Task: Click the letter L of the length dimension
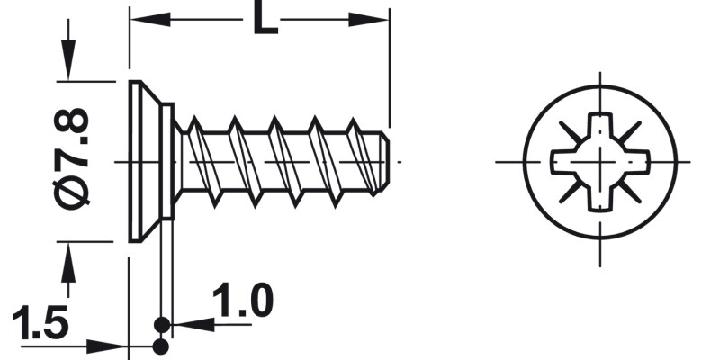tap(264, 19)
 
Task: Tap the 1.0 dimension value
tap(243, 302)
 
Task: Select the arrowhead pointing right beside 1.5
tap(112, 345)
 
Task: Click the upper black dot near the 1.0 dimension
tap(161, 323)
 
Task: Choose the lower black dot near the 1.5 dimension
tap(161, 346)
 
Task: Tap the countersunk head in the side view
tap(144, 161)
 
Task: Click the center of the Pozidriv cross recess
tap(601, 161)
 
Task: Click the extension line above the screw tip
tap(390, 72)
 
